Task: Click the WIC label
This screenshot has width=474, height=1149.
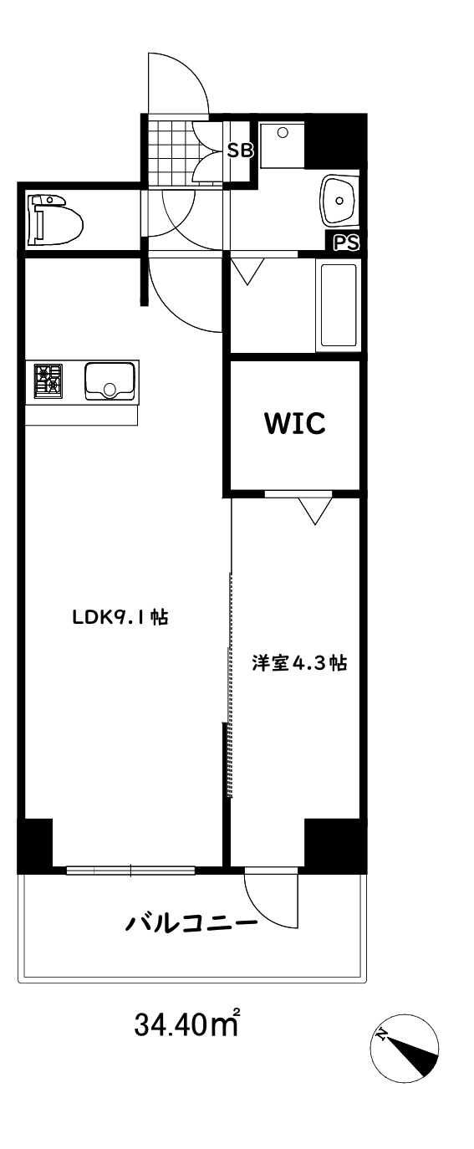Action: point(294,423)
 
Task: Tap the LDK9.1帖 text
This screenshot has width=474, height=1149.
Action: point(120,618)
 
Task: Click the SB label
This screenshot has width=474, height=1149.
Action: point(241,151)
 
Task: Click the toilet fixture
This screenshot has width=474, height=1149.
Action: point(55,219)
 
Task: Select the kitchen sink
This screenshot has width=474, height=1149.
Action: point(110,381)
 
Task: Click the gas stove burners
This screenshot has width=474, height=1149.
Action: point(48,380)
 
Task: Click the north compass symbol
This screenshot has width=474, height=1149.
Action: point(405,1048)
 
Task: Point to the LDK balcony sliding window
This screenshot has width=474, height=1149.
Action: point(130,871)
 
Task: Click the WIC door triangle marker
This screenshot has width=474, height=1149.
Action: point(314,510)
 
